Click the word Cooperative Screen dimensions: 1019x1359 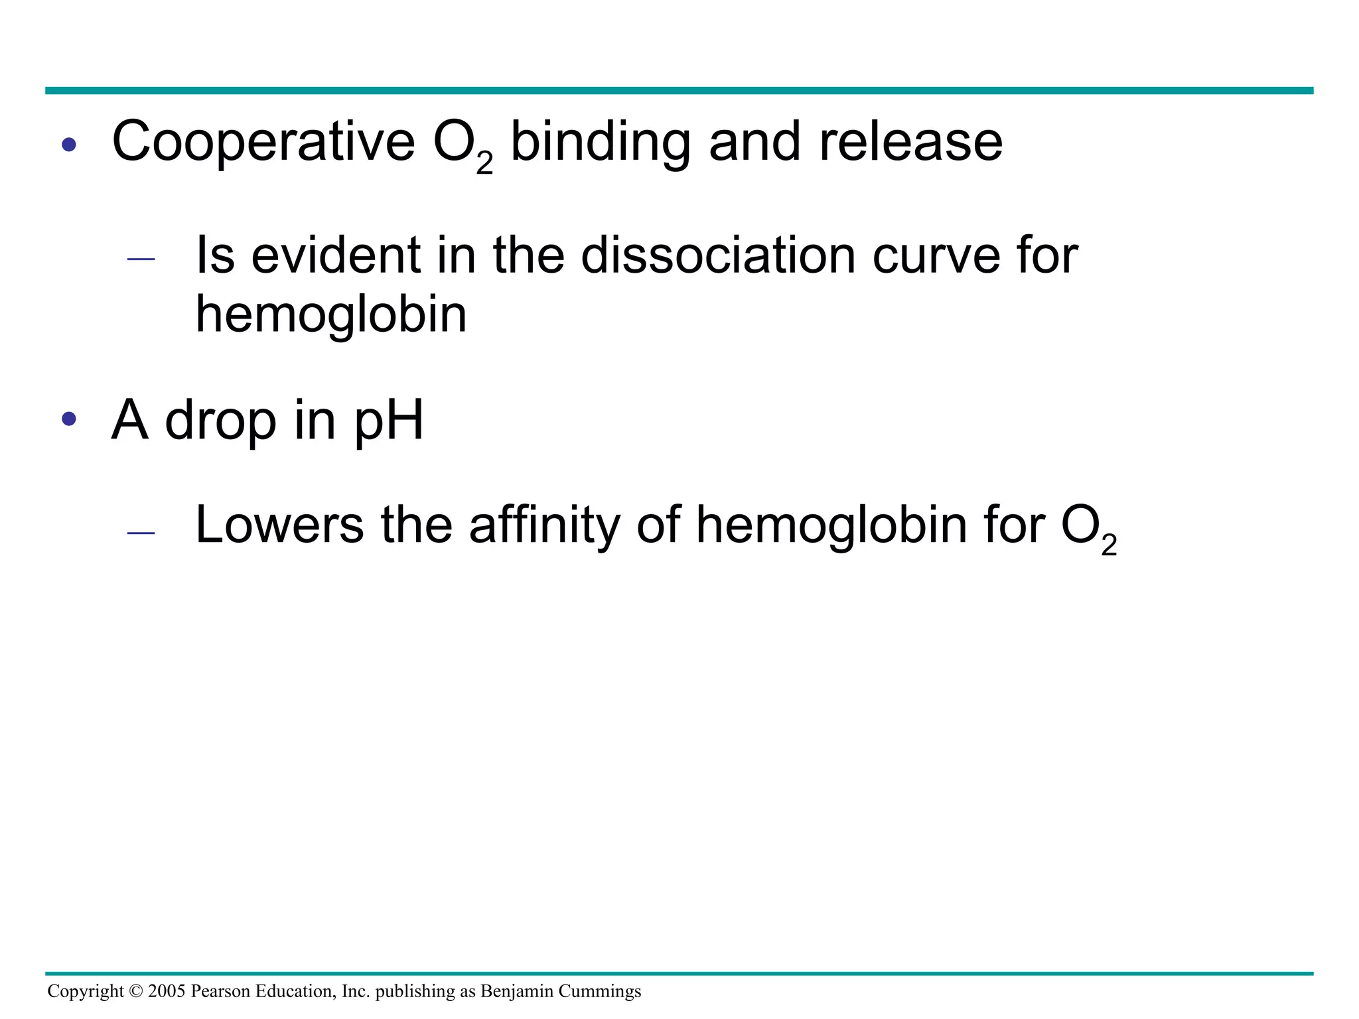(263, 142)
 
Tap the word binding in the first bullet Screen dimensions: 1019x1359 (600, 142)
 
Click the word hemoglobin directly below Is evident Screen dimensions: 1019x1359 (331, 314)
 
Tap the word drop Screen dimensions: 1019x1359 (220, 421)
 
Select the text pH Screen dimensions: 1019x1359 (389, 421)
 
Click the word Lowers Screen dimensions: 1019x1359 (279, 525)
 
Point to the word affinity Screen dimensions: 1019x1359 (544, 525)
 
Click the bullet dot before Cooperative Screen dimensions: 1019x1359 (69, 144)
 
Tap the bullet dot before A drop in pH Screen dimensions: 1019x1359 (69, 419)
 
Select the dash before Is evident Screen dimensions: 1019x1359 (141, 259)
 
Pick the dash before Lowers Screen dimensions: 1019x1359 (141, 533)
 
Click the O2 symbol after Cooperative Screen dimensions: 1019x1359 (463, 146)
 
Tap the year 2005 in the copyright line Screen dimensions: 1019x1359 (167, 991)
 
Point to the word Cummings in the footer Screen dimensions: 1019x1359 (599, 991)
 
